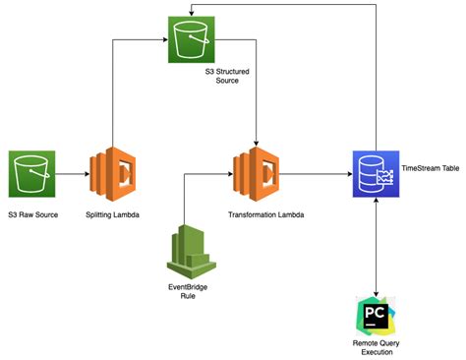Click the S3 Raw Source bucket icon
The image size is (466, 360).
[x=31, y=175]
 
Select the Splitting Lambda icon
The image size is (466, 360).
[x=113, y=174]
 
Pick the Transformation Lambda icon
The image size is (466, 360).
[x=256, y=175]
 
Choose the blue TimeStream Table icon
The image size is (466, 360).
[x=375, y=175]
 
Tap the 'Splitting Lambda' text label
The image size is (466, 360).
[x=114, y=213]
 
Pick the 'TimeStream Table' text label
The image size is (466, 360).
[x=430, y=168]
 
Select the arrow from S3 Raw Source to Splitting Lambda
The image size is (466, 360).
[x=71, y=175]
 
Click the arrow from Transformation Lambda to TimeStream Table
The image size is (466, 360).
[x=315, y=175]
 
